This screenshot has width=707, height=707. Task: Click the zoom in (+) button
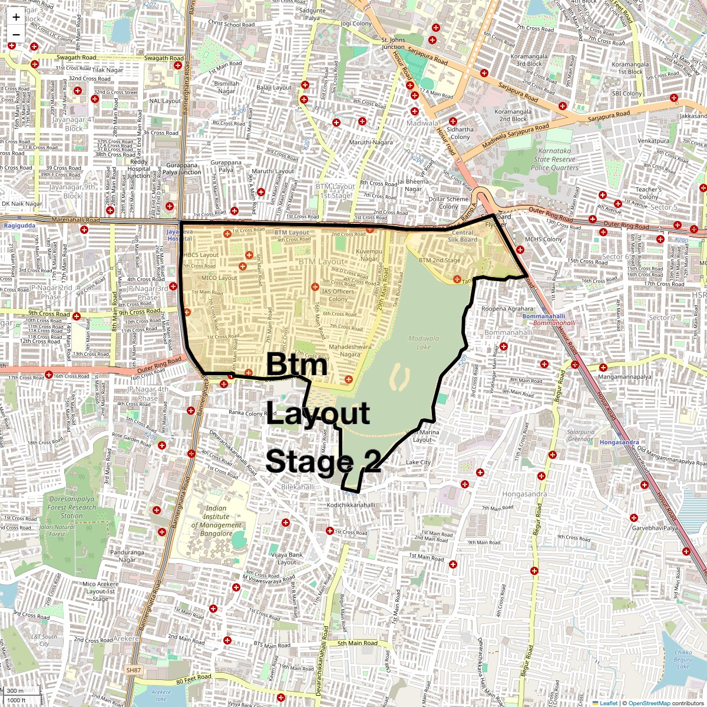pos(16,17)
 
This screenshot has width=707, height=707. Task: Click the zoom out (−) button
pos(16,34)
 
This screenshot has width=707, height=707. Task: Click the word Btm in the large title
pos(296,365)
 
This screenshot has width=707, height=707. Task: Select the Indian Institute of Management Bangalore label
pos(216,521)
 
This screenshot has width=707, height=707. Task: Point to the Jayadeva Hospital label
pos(180,235)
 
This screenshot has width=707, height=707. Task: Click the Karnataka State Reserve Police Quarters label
pos(554,159)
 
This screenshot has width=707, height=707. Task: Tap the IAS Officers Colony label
pos(338,295)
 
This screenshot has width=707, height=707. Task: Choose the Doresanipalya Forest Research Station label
pos(71,507)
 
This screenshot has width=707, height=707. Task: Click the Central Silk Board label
pos(462,236)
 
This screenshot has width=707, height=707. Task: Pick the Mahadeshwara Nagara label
pos(350,351)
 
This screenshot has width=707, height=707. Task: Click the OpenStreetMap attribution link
pos(649,703)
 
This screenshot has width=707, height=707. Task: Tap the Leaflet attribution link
pos(609,703)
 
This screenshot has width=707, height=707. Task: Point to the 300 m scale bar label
pos(16,691)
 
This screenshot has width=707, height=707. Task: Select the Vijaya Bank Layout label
pos(287,558)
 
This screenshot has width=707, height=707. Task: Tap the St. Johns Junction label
pos(394,44)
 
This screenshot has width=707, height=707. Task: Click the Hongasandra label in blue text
pos(618,442)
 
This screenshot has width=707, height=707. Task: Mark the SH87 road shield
pos(134,670)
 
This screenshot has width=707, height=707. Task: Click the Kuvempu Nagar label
pos(369,255)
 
